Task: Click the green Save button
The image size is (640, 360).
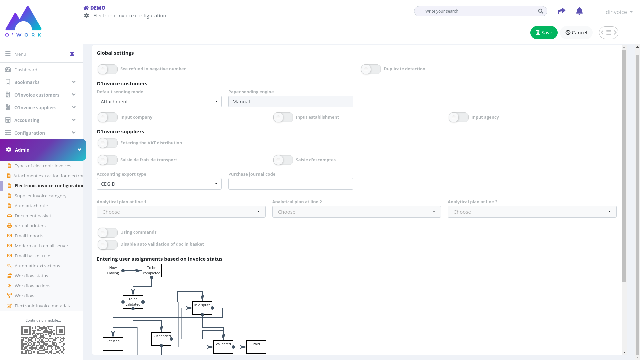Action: tap(544, 33)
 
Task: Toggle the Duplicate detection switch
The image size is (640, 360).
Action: tap(371, 69)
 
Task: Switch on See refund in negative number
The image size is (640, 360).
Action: tap(107, 69)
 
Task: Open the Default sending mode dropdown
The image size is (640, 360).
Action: tap(159, 102)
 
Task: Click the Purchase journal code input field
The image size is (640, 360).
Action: tap(291, 184)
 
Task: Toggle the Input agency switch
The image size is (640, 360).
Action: tap(458, 117)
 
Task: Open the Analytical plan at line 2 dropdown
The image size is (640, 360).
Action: tap(356, 212)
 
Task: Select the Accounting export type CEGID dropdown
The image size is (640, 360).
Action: tap(159, 184)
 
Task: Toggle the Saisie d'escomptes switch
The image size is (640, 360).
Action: tap(283, 160)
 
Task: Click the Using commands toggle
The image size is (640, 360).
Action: tap(107, 232)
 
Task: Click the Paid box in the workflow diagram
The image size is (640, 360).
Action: tap(256, 347)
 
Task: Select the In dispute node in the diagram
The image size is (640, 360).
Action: tap(202, 308)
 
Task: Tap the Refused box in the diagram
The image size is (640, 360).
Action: tap(113, 344)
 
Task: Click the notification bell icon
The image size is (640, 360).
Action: tap(579, 11)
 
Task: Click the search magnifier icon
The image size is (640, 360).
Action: tap(540, 11)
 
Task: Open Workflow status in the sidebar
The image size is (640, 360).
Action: tap(31, 276)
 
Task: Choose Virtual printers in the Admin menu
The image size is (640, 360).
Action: tap(30, 226)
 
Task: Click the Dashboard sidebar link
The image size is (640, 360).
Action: tap(26, 70)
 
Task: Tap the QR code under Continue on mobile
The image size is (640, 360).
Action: tap(43, 340)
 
